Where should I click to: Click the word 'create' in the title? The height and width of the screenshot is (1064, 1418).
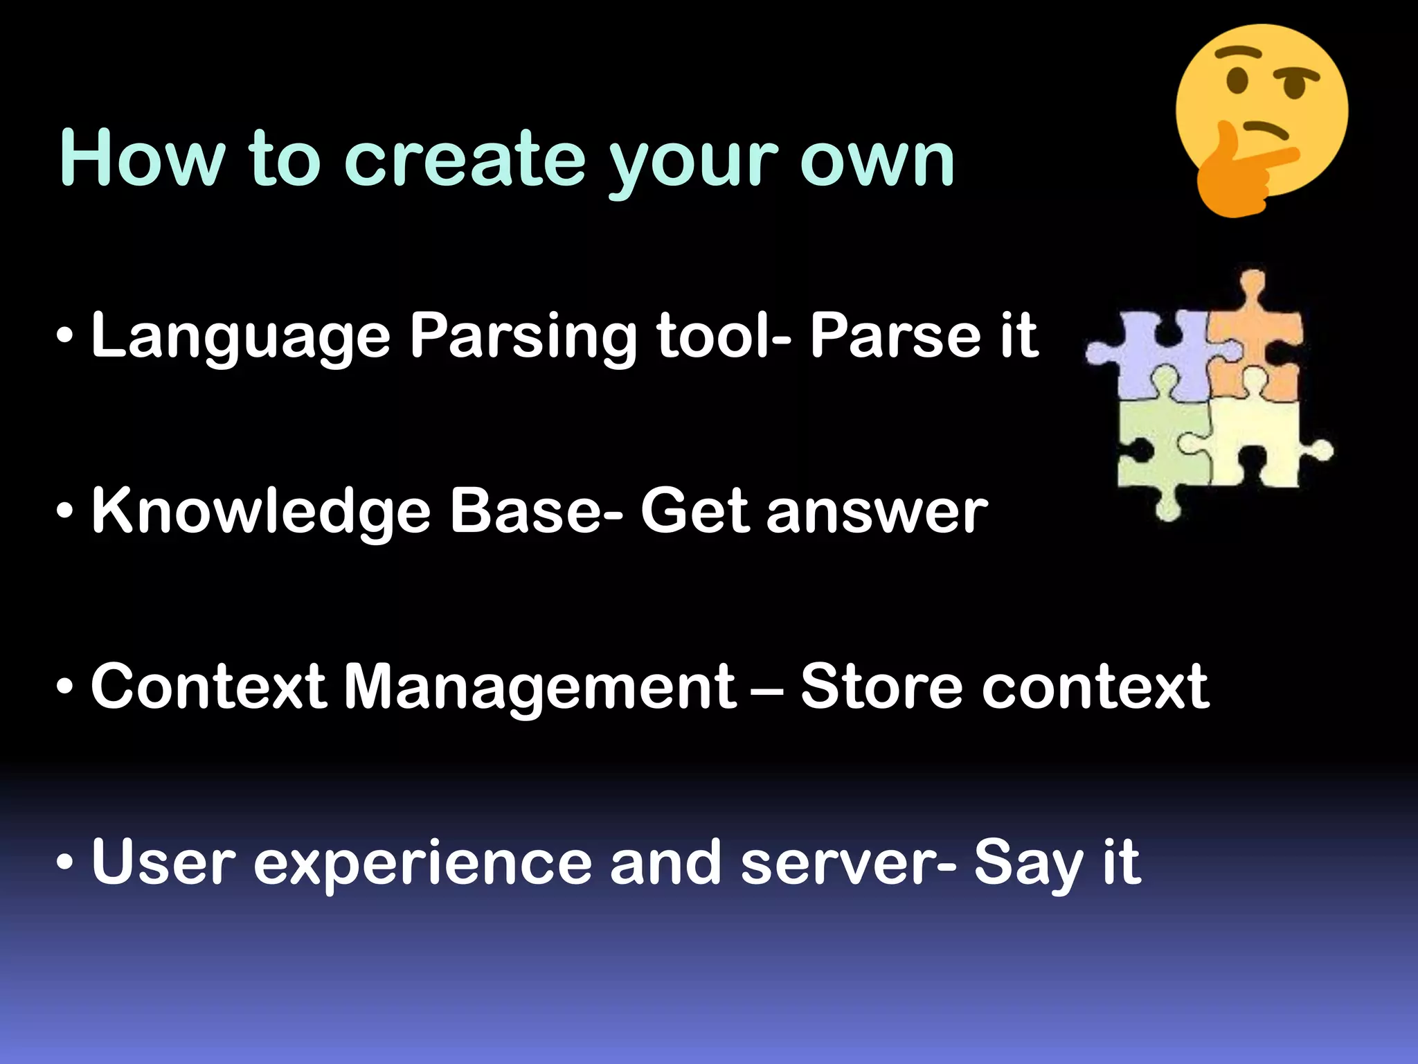tap(464, 159)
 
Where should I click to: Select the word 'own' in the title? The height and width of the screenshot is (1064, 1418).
tap(877, 161)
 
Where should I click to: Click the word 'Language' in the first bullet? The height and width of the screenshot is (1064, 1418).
tap(241, 337)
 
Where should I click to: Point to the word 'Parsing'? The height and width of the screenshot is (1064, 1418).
tap(523, 337)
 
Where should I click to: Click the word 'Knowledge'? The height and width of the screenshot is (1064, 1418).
tap(262, 513)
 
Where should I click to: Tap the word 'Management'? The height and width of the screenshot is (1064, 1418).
tap(540, 687)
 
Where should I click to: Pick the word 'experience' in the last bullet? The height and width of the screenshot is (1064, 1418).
tap(422, 864)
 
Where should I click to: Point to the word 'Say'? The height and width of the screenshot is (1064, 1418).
tap(1028, 864)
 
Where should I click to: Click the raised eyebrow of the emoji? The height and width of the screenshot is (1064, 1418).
tap(1239, 53)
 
